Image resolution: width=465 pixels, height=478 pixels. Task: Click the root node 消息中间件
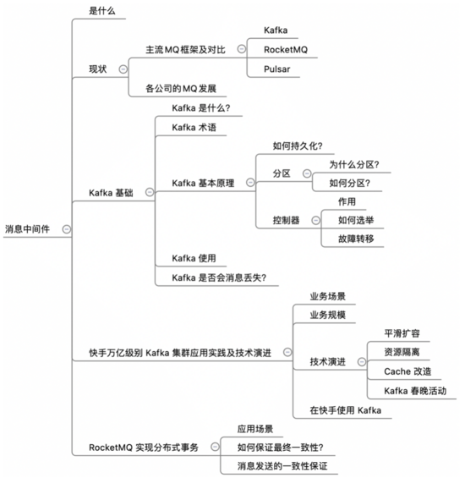click(27, 229)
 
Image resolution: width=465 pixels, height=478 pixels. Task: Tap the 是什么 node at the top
click(102, 11)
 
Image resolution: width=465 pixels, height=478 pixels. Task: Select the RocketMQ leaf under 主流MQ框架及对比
click(286, 50)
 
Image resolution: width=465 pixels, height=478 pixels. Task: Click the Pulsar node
click(277, 69)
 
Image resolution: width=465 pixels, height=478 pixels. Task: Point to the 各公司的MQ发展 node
click(181, 89)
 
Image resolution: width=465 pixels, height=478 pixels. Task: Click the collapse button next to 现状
click(123, 69)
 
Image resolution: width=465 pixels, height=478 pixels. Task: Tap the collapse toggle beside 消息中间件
click(67, 229)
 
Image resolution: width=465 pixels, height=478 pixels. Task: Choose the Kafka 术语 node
click(194, 128)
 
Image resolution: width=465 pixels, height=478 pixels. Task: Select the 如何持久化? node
click(298, 146)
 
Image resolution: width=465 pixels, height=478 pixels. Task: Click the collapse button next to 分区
click(307, 173)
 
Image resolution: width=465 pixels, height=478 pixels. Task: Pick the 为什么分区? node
click(354, 165)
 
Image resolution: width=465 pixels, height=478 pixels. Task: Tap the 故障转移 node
click(356, 239)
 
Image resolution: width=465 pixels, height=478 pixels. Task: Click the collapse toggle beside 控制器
click(316, 220)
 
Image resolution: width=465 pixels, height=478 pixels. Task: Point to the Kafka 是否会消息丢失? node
click(219, 277)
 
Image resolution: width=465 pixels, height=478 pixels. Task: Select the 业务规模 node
click(328, 315)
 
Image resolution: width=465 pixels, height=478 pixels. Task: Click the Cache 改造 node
click(408, 371)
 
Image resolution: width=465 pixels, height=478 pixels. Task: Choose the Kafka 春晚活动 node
click(415, 391)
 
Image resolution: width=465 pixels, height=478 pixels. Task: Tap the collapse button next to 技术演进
click(362, 362)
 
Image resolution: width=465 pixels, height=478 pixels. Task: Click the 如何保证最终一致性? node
click(281, 448)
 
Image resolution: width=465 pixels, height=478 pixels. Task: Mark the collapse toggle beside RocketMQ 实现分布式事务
click(215, 448)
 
